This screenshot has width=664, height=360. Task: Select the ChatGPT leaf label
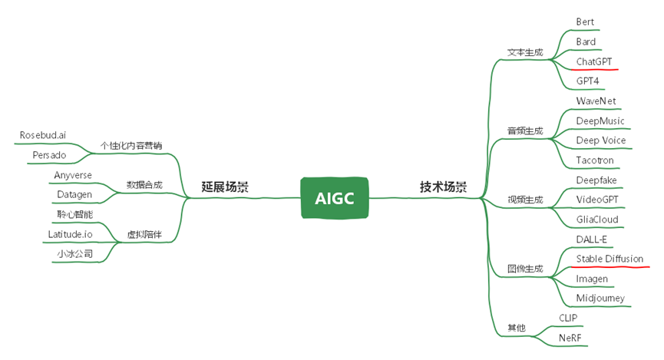(x=593, y=61)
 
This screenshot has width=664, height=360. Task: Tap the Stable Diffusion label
(x=609, y=259)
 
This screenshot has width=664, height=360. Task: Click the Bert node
(x=586, y=21)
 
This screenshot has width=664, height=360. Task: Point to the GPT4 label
(x=587, y=81)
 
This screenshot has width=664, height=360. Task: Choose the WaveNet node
(x=596, y=101)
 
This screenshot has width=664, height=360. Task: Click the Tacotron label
(x=595, y=160)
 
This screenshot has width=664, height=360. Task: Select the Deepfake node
(x=596, y=180)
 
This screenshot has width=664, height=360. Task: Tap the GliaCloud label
(x=597, y=220)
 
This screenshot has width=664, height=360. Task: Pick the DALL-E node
(x=591, y=239)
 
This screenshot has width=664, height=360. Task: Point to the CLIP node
(x=568, y=317)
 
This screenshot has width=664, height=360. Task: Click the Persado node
(x=49, y=155)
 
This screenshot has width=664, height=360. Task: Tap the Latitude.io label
(x=70, y=233)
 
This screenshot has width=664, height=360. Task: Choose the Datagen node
(x=74, y=194)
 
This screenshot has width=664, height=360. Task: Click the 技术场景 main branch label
(x=443, y=187)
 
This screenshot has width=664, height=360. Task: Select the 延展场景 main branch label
(x=225, y=187)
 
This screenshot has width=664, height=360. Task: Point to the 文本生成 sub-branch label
(x=525, y=53)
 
